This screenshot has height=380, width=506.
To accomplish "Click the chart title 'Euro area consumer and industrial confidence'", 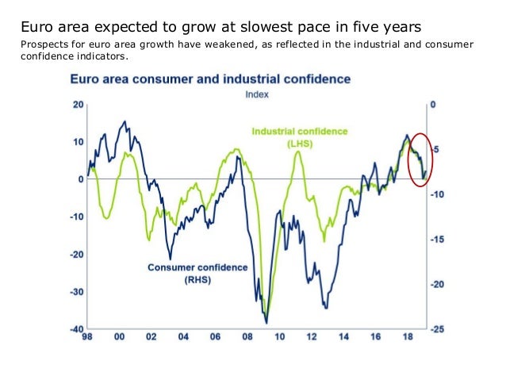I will pyautogui.click(x=210, y=79).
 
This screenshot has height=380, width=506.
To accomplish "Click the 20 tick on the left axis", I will pyautogui.click(x=78, y=105).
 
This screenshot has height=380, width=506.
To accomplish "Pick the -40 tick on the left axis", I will pyautogui.click(x=76, y=329).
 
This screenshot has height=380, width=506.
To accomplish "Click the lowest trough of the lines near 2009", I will pyautogui.click(x=266, y=321).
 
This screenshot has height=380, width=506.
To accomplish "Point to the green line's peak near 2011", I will pyautogui.click(x=297, y=152).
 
